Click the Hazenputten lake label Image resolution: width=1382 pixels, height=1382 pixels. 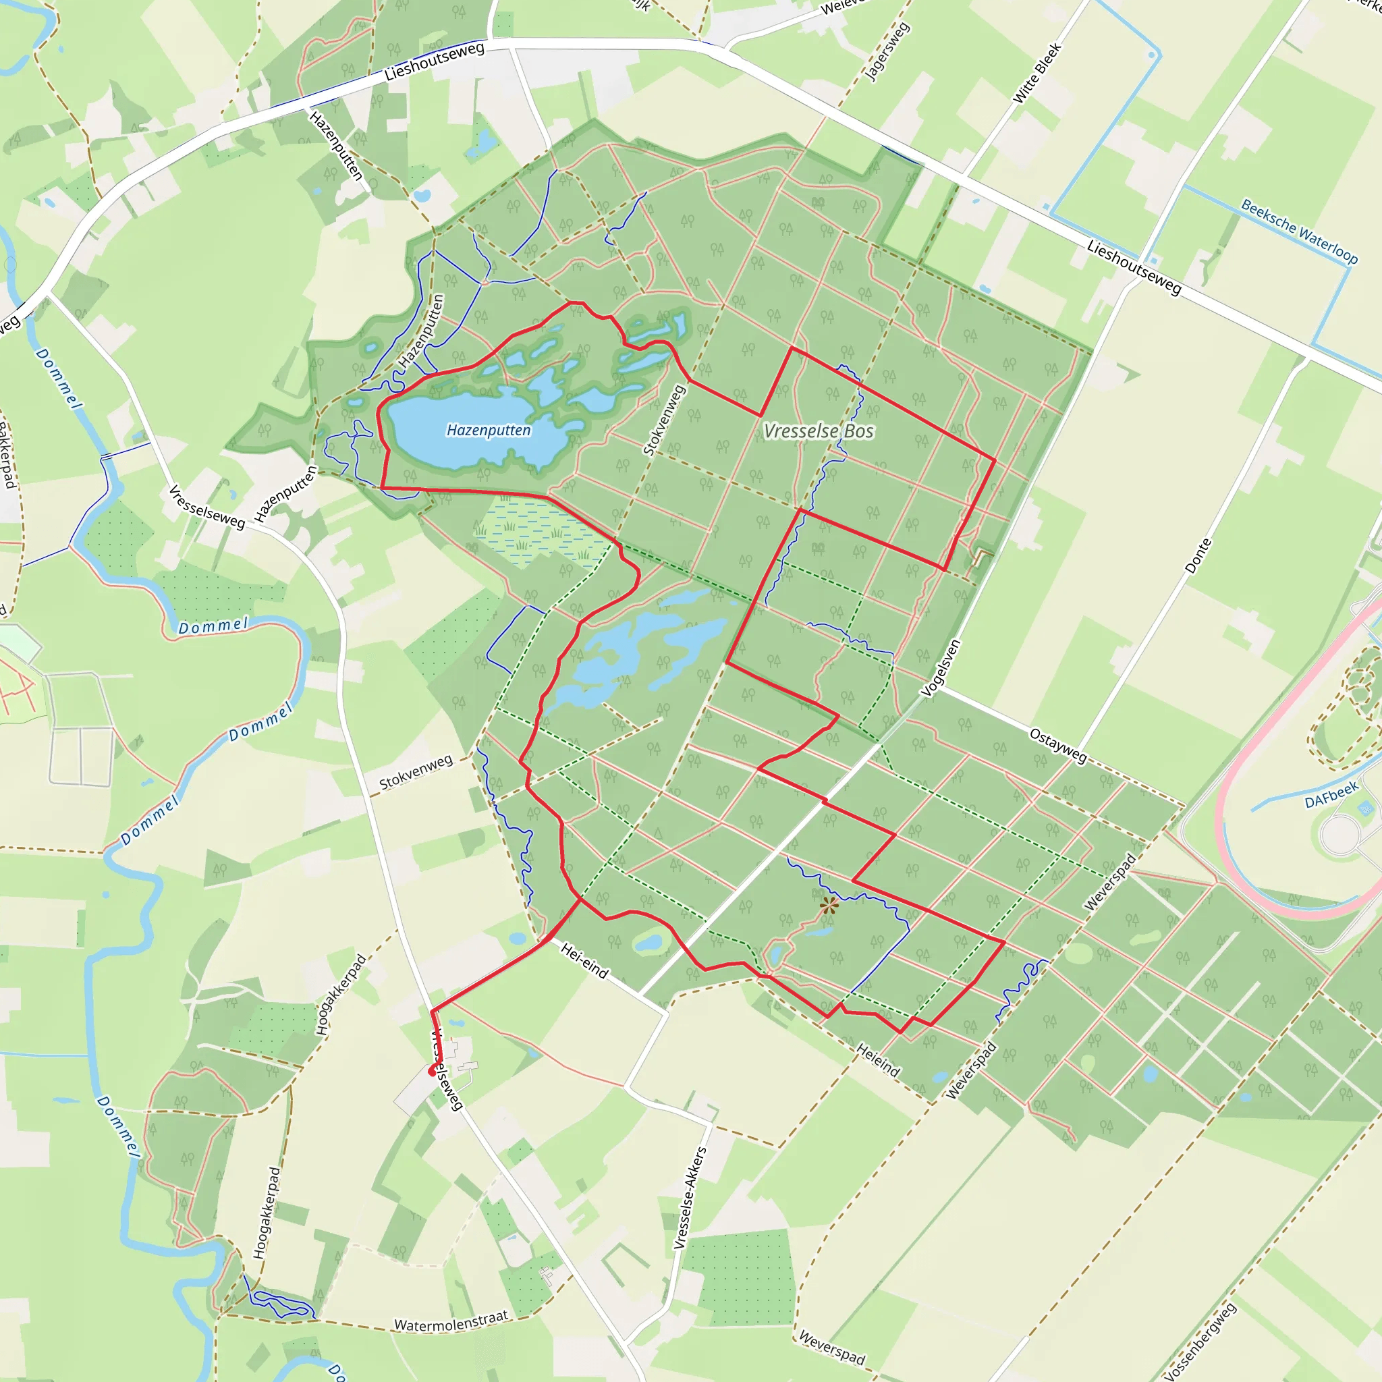489,430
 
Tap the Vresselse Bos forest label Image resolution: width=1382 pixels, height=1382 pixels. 819,431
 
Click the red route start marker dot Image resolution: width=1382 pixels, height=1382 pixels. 431,1072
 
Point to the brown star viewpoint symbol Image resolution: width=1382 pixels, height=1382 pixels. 829,906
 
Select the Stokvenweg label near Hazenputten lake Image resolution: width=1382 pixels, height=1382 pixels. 665,420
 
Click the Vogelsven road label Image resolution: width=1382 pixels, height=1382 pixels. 941,667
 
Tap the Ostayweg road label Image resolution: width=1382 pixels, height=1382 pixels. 1058,746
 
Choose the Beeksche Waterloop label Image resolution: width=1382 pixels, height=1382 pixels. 1299,231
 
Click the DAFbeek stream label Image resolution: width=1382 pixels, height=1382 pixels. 1331,795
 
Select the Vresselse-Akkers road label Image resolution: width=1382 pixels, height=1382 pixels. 690,1198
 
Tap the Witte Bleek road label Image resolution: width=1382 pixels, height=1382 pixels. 1037,73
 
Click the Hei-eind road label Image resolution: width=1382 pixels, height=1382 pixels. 584,961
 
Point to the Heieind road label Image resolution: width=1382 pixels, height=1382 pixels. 878,1060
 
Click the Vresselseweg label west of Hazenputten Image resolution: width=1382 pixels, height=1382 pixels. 206,507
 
